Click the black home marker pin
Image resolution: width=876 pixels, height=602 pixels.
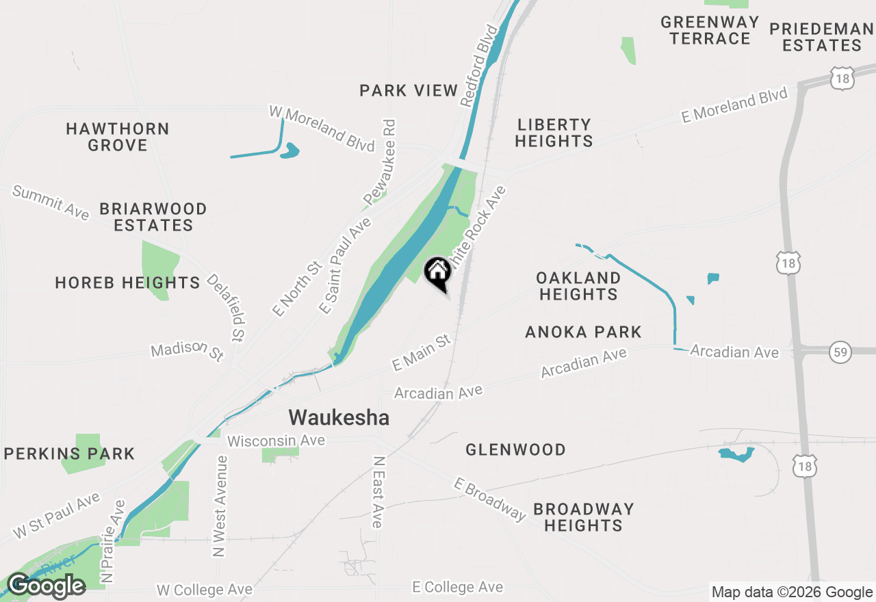coord(438,272)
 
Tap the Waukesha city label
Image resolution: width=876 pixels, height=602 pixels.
coord(339,417)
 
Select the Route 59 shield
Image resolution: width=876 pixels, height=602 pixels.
coord(840,352)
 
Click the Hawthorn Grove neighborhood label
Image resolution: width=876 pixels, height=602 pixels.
coord(118,137)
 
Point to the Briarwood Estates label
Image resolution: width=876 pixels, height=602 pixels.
coord(153,217)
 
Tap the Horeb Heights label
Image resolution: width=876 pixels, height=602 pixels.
coord(127,283)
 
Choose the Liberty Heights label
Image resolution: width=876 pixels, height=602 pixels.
coord(554,133)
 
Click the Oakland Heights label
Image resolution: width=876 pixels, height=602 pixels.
coord(578,286)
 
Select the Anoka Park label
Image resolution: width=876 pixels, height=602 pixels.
coord(583,332)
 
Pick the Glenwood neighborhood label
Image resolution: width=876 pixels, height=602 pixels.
coord(515,449)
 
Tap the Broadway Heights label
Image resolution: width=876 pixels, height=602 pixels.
coord(583,517)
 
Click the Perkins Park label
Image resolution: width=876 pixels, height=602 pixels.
coord(70,454)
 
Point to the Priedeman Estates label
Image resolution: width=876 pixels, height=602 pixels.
coord(822,37)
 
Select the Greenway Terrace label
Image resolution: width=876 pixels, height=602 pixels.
coord(710,30)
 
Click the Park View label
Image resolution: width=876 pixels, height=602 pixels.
coord(409,90)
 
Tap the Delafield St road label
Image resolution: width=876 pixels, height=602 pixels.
coord(227,308)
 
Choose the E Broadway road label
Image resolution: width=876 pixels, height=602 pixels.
coord(489,499)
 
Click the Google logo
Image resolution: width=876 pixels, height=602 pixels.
coord(47,586)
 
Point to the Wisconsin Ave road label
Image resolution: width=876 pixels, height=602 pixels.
coord(276,441)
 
